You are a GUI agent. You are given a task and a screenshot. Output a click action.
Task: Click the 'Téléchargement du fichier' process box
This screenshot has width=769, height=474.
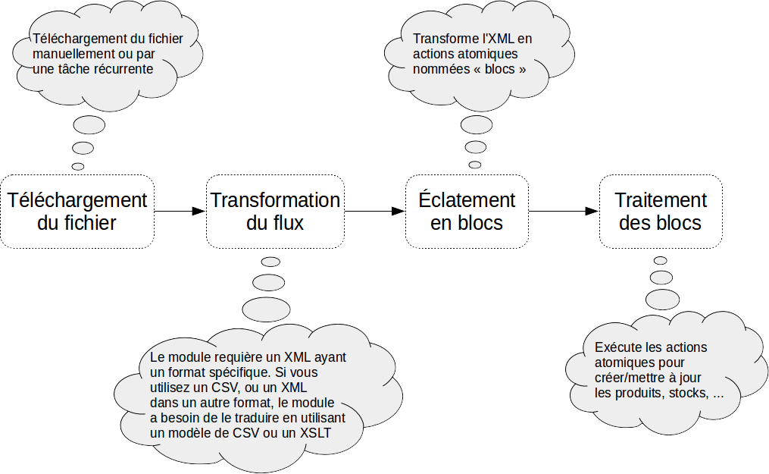click(77, 212)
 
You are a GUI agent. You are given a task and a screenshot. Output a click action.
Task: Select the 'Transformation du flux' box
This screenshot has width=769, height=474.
click(275, 212)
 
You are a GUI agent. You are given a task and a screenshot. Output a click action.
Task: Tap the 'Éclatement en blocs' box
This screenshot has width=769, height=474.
click(467, 212)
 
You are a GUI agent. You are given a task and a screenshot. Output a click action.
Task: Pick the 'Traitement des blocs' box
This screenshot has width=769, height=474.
click(660, 212)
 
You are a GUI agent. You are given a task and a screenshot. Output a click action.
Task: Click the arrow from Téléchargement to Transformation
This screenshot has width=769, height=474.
click(180, 211)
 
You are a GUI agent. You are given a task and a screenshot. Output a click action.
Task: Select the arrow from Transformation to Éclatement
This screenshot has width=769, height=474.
click(374, 211)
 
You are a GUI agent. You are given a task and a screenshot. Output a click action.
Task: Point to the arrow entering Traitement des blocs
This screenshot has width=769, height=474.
click(564, 211)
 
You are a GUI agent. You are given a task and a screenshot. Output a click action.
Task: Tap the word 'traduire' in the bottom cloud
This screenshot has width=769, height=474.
click(266, 418)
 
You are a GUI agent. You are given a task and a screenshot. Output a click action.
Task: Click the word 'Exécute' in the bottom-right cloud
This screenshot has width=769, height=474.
click(618, 347)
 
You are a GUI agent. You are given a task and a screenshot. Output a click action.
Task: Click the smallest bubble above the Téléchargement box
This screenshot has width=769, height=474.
click(78, 165)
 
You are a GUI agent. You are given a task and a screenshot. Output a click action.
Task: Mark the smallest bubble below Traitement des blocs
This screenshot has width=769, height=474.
click(660, 260)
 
